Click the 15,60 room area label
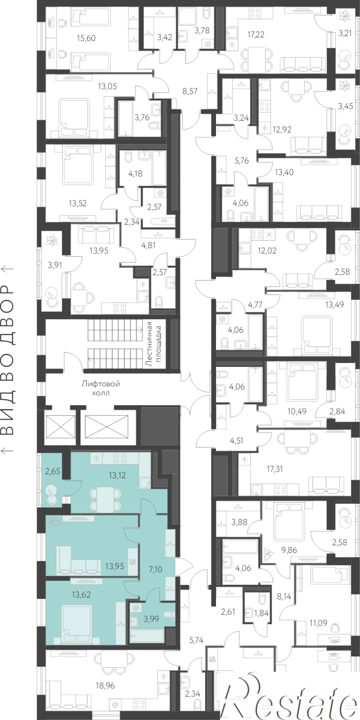coord(86,38)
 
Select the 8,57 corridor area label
coord(190,91)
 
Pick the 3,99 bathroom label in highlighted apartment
coord(151,619)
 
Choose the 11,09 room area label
coord(318,623)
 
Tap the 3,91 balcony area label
coord(55,265)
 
